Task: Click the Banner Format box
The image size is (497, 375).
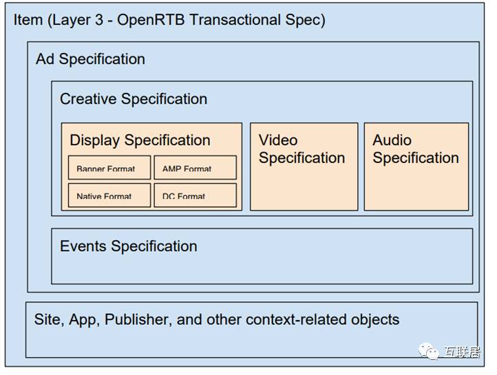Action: (x=109, y=168)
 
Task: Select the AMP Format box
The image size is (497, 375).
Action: (x=195, y=168)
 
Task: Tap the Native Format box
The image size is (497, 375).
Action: (x=109, y=195)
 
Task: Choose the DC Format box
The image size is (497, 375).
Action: (x=195, y=195)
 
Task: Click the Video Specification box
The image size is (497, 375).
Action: (x=304, y=167)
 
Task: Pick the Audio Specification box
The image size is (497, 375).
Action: (x=416, y=167)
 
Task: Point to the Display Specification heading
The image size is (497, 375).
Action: (x=140, y=140)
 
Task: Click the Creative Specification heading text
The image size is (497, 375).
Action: (x=134, y=99)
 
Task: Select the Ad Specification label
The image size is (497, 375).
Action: (x=90, y=59)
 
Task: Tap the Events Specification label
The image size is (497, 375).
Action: (x=128, y=246)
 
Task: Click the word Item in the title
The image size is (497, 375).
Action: (x=28, y=19)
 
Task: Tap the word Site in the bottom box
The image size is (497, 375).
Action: (x=47, y=320)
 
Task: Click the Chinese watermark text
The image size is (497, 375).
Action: (x=463, y=352)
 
